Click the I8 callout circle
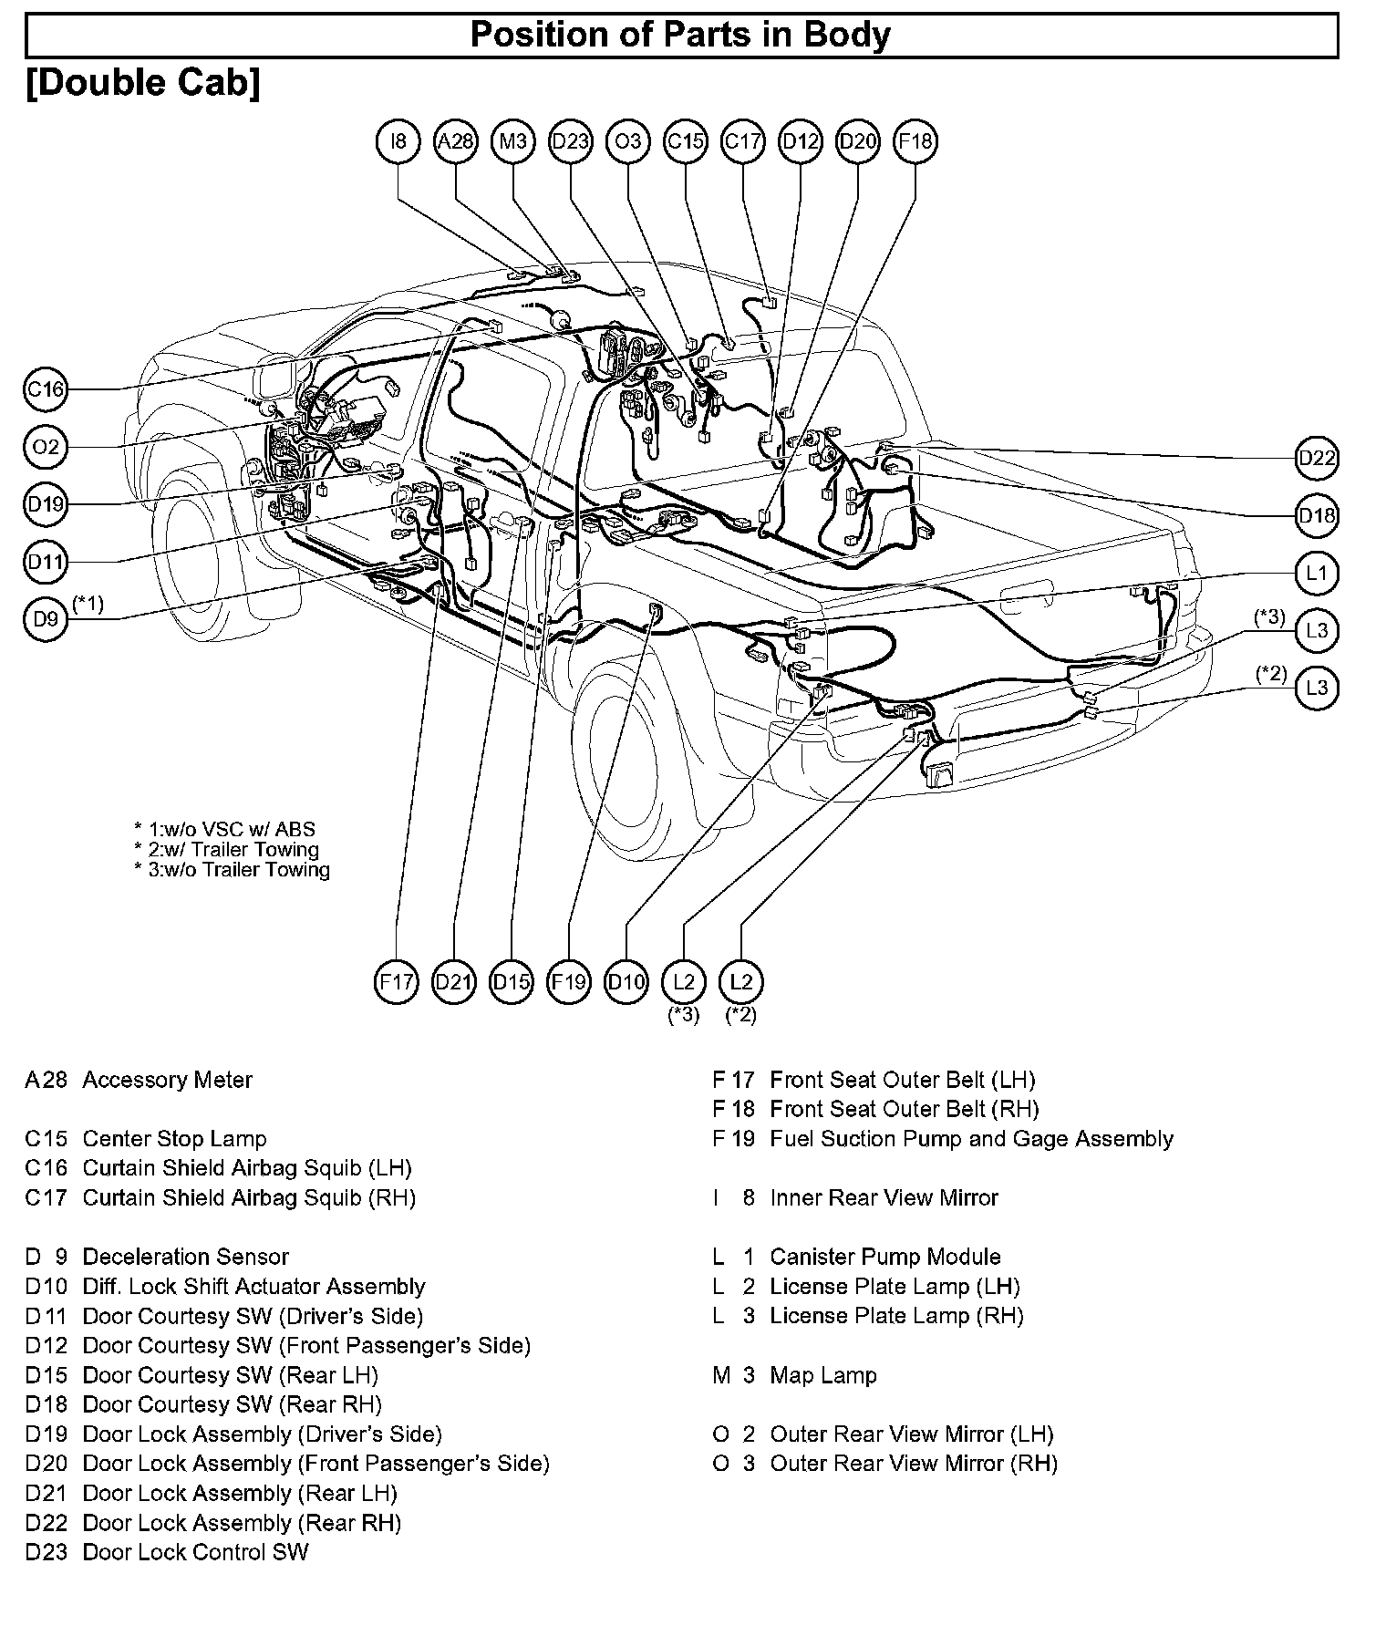[x=398, y=141]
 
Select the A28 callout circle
[x=456, y=141]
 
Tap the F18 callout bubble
[x=915, y=141]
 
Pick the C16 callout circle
[x=46, y=390]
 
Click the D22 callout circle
[x=1317, y=458]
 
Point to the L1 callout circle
[x=1317, y=574]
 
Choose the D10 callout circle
[x=626, y=982]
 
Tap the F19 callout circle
[x=569, y=982]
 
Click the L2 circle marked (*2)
[x=741, y=982]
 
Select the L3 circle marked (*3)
[x=1317, y=631]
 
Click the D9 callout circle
[x=46, y=620]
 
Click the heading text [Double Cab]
[x=144, y=83]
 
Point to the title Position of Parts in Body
[x=680, y=35]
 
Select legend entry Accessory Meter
[x=167, y=1081]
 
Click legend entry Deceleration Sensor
[x=185, y=1258]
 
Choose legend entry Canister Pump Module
[x=884, y=1258]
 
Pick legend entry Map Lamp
[x=822, y=1375]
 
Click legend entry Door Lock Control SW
[x=195, y=1552]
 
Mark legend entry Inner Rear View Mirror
[x=884, y=1198]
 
